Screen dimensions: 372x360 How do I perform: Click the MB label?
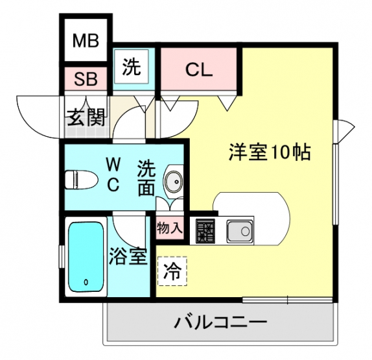(86, 41)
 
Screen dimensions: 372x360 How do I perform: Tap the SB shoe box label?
(86, 79)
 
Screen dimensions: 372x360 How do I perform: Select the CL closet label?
(199, 69)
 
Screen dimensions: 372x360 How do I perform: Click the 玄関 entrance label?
(86, 117)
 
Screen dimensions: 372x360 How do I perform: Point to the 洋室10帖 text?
(270, 152)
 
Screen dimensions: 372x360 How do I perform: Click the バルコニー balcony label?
(220, 322)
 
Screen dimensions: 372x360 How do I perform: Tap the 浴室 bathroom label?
(128, 256)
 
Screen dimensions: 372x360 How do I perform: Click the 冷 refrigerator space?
(172, 271)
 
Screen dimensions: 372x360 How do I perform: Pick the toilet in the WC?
(81, 180)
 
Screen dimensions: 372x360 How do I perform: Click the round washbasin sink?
(174, 182)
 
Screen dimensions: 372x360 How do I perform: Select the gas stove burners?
(205, 231)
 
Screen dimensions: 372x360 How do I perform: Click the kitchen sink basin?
(239, 231)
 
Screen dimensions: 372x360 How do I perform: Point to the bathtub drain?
(86, 282)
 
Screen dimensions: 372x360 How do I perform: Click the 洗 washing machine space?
(131, 66)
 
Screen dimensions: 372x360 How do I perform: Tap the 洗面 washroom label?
(146, 178)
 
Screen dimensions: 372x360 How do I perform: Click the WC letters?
(113, 175)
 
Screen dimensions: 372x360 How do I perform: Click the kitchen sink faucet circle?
(246, 230)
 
